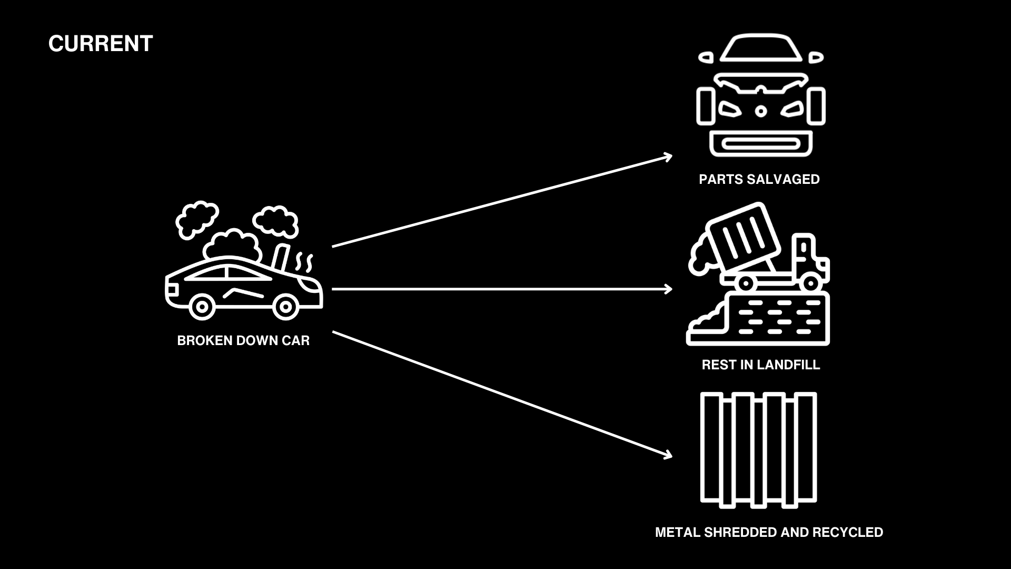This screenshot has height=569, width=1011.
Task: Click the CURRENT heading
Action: coord(101,44)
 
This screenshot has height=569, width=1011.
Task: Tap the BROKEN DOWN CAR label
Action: coord(243,340)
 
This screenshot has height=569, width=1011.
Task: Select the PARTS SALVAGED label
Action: coord(759,179)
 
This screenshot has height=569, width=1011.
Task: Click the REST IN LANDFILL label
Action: coord(760,365)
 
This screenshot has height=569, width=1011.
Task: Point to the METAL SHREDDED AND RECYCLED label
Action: coord(769,532)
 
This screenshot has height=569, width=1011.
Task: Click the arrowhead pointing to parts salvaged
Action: coord(668,156)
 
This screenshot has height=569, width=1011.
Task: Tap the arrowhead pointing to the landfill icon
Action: coord(669,289)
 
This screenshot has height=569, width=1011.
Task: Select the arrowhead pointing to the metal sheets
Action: coord(668,454)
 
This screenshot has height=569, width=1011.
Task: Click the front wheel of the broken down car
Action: coord(286,306)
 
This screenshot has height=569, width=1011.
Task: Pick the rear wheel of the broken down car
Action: coord(202,306)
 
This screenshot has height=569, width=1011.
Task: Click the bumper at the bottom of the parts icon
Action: coord(760,143)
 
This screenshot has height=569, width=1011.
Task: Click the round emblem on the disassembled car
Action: coord(760,111)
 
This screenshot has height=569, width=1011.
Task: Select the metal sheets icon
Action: coord(758,449)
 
